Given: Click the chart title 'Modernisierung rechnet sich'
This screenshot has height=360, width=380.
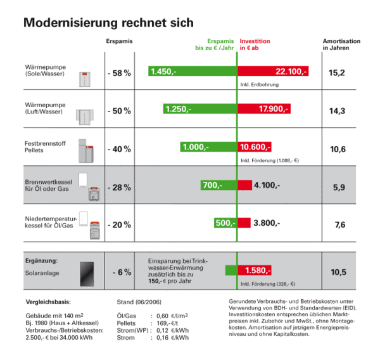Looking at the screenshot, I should point(108,23).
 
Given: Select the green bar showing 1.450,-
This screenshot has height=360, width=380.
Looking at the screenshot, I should point(192,72).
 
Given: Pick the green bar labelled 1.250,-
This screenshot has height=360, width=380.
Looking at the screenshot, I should point(199,109).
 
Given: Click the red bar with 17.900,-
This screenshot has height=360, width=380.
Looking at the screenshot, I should point(264,109).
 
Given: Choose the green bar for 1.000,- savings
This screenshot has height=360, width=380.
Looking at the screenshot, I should point(208,147).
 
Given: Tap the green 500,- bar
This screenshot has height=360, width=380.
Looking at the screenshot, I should point(224,223).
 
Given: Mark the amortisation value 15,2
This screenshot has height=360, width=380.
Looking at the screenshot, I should point(337,73).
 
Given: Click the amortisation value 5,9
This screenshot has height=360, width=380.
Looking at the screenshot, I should point(337,187).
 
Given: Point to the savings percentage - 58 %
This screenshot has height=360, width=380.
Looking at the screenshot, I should point(119,74).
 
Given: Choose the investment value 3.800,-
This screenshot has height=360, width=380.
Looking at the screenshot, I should point(266,223).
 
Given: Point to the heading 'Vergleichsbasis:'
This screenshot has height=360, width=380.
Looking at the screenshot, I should point(47,301).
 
